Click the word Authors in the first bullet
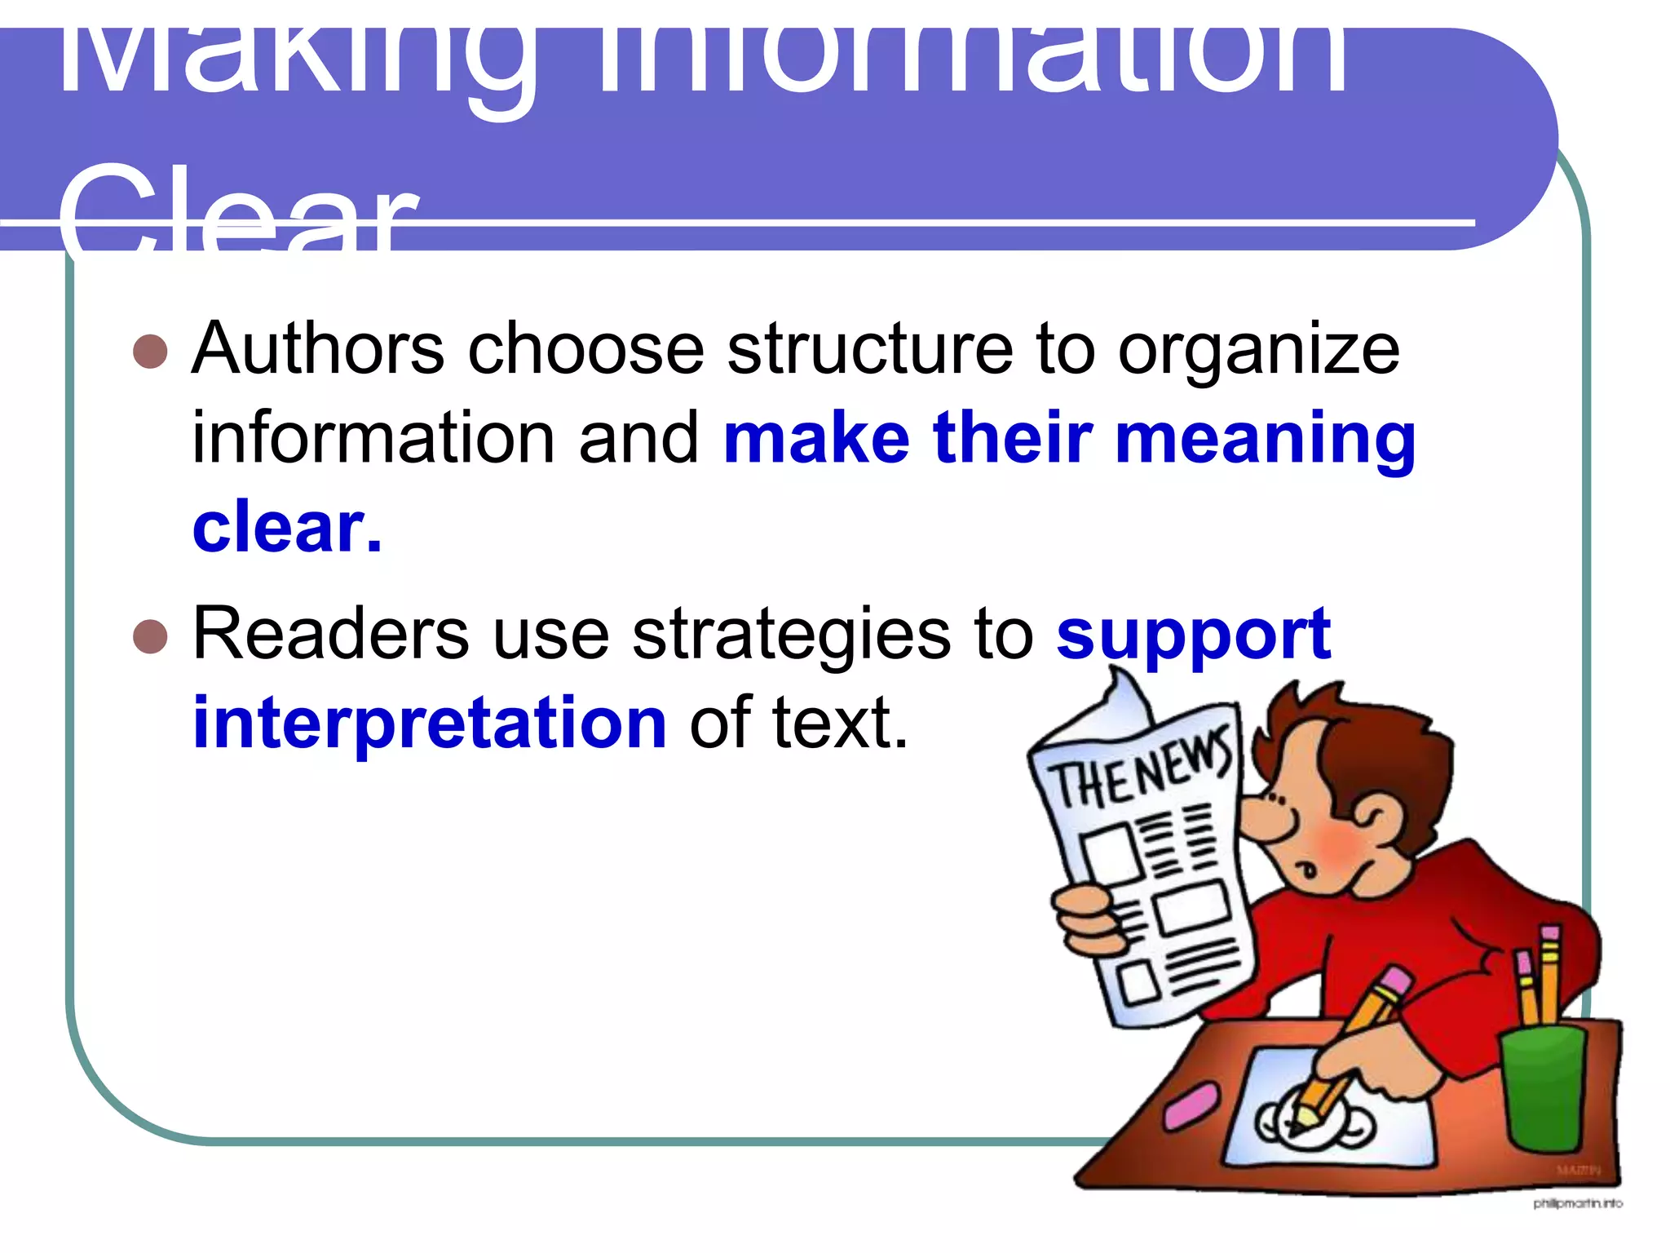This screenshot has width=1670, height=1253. pos(317,349)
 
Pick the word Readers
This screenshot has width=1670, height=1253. pos(330,634)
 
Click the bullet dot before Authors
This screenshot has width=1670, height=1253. pos(150,352)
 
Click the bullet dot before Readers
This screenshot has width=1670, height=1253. pos(150,636)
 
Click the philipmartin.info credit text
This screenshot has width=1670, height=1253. pos(1577,1203)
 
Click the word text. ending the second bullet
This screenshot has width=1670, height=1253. pos(840,723)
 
